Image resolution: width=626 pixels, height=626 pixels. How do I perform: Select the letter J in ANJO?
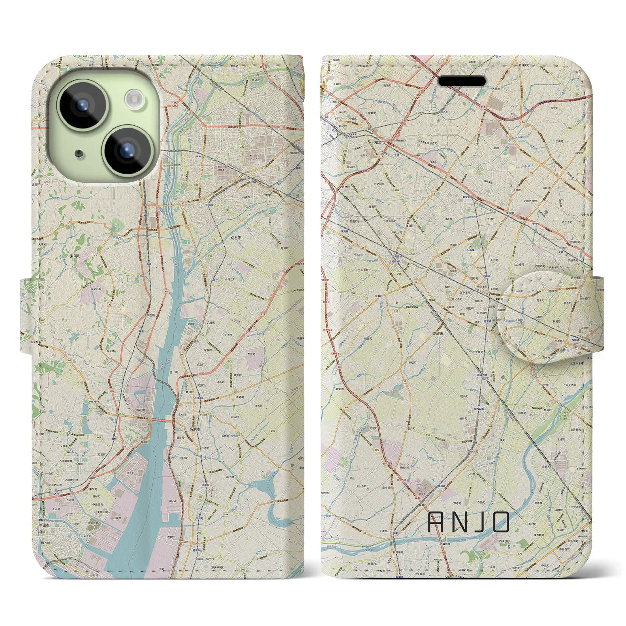(479, 522)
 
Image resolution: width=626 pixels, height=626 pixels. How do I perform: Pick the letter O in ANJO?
(501, 522)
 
